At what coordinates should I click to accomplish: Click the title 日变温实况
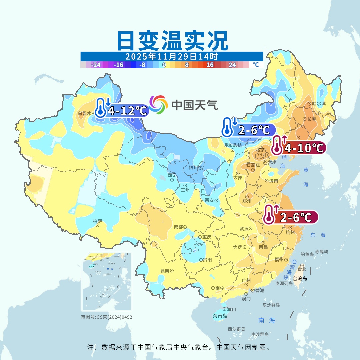pos(172,41)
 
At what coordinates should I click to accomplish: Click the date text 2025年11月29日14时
pos(172,56)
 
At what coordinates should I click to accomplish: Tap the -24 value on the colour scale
pos(96,65)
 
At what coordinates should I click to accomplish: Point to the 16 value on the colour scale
pos(210,65)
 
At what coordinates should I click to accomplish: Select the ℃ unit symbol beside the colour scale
pos(256,65)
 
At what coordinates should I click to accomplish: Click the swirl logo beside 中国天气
pos(158,105)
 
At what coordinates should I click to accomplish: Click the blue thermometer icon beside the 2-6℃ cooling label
pos(227,127)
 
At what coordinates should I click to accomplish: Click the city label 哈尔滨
pos(319,104)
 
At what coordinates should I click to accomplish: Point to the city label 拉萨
pos(97,221)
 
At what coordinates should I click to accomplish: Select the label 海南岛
pos(220,316)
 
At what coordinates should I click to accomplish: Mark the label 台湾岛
pos(300,279)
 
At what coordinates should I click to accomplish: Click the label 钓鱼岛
pos(307,254)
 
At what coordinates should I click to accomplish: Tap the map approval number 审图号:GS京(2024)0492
pos(106,317)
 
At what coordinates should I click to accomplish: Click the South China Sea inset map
pos(106,282)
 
